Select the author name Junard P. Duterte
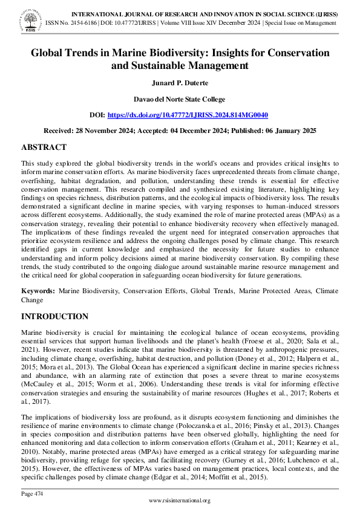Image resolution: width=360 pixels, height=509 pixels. tap(180, 83)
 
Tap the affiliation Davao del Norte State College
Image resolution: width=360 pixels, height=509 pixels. tap(180, 99)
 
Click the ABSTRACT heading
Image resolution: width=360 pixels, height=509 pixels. tap(44, 147)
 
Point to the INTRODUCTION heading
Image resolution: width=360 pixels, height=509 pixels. tap(54, 316)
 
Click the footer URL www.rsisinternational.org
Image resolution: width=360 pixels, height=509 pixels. tap(180, 501)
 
